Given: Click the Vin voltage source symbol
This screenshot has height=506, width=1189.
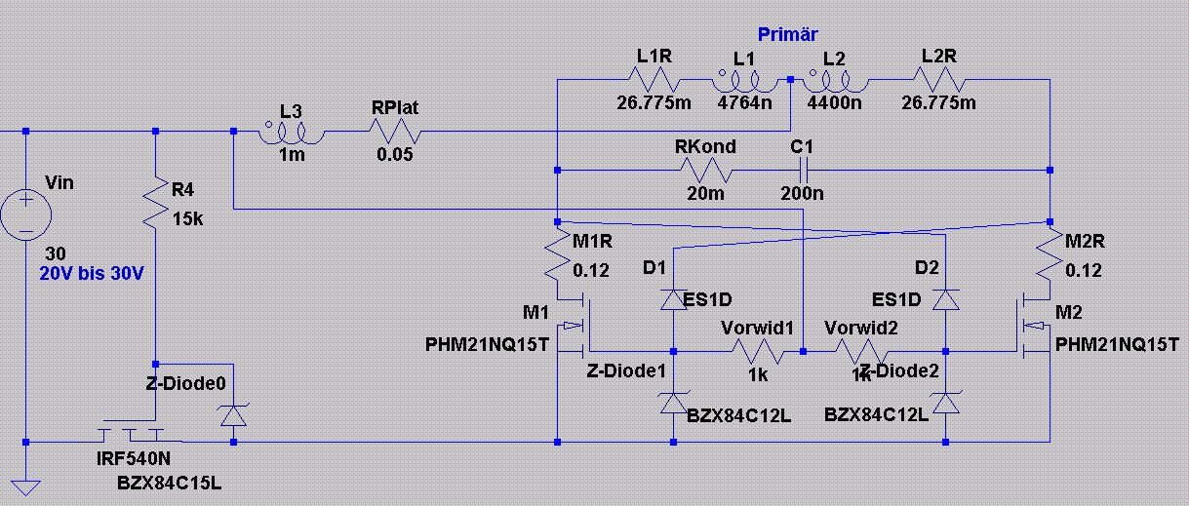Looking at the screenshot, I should click(26, 214).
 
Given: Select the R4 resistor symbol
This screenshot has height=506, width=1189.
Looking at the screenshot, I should click(155, 204).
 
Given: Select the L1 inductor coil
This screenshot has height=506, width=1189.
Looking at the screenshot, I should click(744, 80).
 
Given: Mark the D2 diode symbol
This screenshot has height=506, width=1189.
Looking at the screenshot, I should click(945, 299).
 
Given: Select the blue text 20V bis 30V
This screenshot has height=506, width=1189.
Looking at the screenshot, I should click(92, 274).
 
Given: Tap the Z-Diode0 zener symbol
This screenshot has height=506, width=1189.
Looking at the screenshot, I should click(232, 415).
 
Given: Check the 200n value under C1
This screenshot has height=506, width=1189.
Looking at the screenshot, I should click(803, 193).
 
